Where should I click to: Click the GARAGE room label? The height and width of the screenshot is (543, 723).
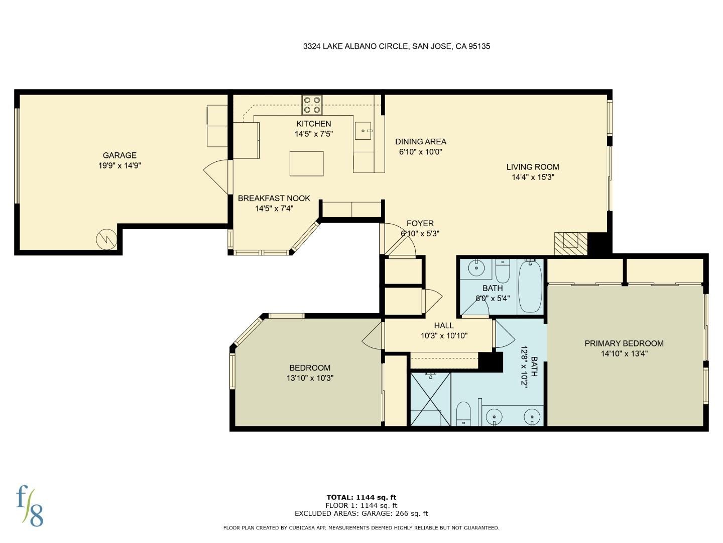click(x=119, y=155)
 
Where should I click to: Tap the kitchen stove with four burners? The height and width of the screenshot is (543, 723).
click(x=312, y=105)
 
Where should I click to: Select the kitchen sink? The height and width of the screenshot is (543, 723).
click(x=363, y=130)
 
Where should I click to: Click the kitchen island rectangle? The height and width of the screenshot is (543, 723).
click(x=306, y=163)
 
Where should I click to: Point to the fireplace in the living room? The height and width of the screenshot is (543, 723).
click(x=570, y=243)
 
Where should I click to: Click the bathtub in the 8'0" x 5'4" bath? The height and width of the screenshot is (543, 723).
click(x=530, y=286)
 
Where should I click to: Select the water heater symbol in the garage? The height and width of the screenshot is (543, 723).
click(x=106, y=239)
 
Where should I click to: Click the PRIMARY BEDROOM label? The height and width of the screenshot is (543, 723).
click(x=624, y=343)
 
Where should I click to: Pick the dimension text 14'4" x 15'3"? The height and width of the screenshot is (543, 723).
click(x=532, y=177)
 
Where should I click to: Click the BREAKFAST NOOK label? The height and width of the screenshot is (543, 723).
click(x=274, y=199)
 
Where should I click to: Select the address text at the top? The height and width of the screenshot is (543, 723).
click(x=396, y=46)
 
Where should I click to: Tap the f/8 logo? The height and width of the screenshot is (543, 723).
click(x=30, y=505)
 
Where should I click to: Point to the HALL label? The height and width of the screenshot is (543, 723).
click(x=444, y=326)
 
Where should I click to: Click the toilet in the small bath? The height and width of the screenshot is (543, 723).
click(x=502, y=272)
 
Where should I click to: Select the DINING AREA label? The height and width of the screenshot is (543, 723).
click(x=420, y=142)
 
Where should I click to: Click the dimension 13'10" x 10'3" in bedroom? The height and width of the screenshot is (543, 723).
click(x=310, y=378)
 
